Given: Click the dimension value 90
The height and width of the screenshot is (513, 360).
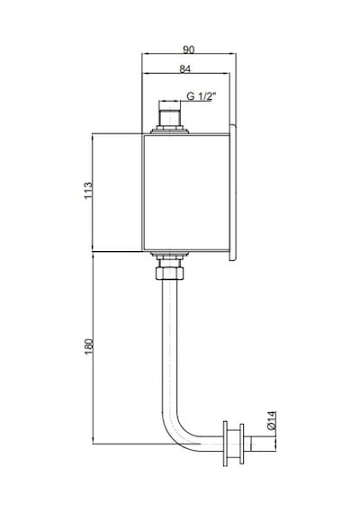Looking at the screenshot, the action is (x=188, y=49).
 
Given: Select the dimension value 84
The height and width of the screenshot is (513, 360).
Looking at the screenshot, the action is (x=185, y=69).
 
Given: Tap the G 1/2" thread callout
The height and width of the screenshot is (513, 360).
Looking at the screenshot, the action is (x=202, y=96).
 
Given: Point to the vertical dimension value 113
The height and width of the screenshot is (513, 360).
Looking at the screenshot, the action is (x=88, y=191).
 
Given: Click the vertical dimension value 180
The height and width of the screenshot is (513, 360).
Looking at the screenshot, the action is (x=89, y=346).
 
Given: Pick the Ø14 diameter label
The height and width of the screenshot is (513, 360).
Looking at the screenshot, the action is (x=272, y=420).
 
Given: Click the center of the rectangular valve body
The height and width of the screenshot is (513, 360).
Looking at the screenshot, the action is (x=185, y=193).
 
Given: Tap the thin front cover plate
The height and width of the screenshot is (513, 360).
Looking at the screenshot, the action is (x=233, y=193).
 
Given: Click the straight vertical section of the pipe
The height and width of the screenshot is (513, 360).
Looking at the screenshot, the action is (x=169, y=346).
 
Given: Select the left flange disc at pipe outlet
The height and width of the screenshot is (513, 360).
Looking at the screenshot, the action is (x=226, y=444).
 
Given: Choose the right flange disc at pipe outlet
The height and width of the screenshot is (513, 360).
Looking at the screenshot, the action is (x=242, y=444).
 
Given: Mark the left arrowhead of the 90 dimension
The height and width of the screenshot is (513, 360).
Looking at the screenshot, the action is (x=145, y=53).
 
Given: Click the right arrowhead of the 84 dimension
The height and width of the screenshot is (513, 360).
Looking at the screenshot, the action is (x=227, y=73).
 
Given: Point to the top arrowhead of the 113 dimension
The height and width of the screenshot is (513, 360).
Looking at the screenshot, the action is (x=93, y=137).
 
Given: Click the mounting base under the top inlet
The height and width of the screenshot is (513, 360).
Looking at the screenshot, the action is (x=169, y=131).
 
